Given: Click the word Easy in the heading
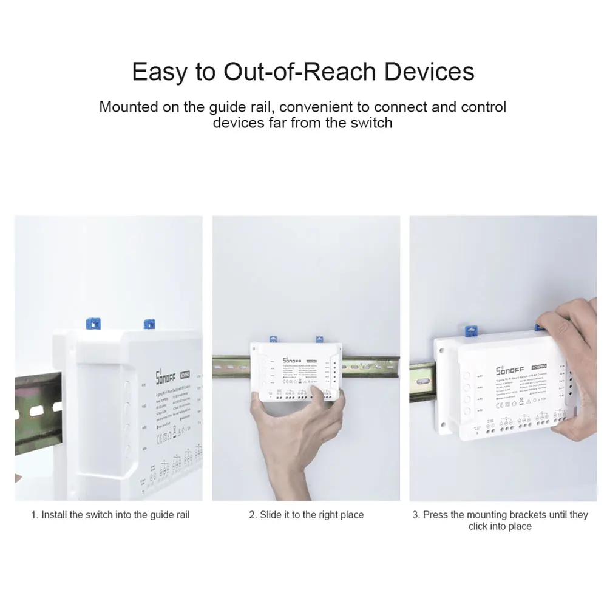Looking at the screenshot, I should (158, 72).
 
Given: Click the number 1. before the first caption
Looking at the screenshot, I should (35, 515).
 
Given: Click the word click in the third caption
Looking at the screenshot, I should (479, 526).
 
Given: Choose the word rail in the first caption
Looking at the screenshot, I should (180, 515).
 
